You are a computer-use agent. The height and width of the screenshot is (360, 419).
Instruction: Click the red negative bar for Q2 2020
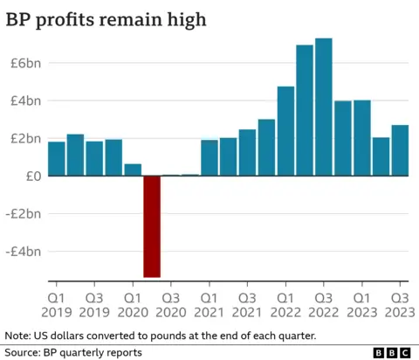152,226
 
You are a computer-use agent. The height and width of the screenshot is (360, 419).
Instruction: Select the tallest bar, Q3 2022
323,107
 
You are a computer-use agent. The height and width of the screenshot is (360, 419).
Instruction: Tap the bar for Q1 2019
56,158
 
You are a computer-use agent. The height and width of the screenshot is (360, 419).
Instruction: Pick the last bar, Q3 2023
400,150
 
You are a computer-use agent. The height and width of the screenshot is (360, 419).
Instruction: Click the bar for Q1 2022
285,131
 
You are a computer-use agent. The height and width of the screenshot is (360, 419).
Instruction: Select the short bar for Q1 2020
133,170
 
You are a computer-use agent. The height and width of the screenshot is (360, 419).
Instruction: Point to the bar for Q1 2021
209,157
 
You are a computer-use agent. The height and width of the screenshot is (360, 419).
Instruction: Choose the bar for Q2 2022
305,110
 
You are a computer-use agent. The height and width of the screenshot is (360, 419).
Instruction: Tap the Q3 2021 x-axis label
248,303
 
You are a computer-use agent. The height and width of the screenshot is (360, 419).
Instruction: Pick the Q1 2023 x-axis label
361,303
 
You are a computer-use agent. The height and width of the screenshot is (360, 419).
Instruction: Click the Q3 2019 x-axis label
94,303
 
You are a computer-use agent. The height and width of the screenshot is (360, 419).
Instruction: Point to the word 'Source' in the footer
24,351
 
